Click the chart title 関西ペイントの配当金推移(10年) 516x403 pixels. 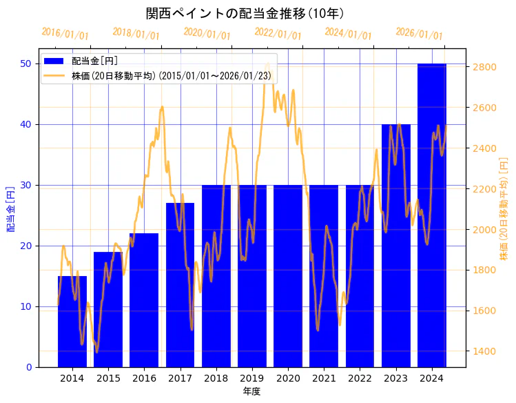pos(245,13)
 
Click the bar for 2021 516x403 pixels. pos(324,276)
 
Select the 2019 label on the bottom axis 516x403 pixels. pos(251,378)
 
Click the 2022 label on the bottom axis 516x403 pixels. pos(360,378)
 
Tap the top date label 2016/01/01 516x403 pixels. pos(65,34)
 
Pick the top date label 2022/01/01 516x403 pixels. pos(278,34)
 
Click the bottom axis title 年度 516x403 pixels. pos(251,391)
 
